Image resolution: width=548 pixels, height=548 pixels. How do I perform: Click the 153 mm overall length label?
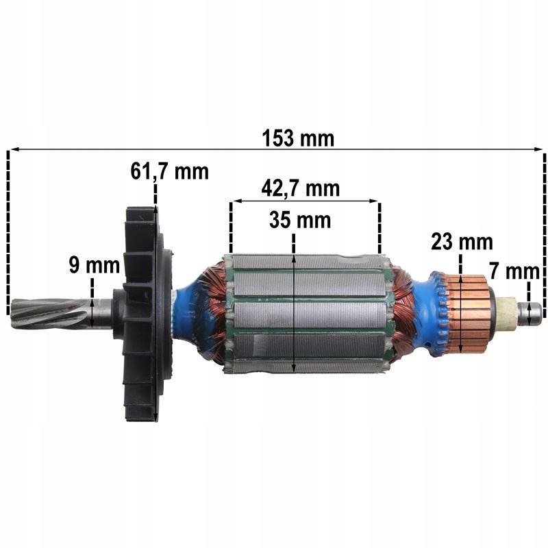pos(298,138)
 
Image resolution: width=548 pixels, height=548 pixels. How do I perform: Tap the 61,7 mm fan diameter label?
pos(170,171)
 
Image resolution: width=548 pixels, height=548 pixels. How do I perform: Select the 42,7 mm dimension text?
pos(300,188)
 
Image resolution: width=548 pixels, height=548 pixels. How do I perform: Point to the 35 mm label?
pos(300,221)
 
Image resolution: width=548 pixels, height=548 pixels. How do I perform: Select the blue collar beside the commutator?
pos(432,312)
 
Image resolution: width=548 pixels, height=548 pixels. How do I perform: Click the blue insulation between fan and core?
pos(188,312)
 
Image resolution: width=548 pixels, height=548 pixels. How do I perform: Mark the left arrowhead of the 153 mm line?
pos(11,149)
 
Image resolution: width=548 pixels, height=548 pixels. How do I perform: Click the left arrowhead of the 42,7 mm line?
pos(234,201)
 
